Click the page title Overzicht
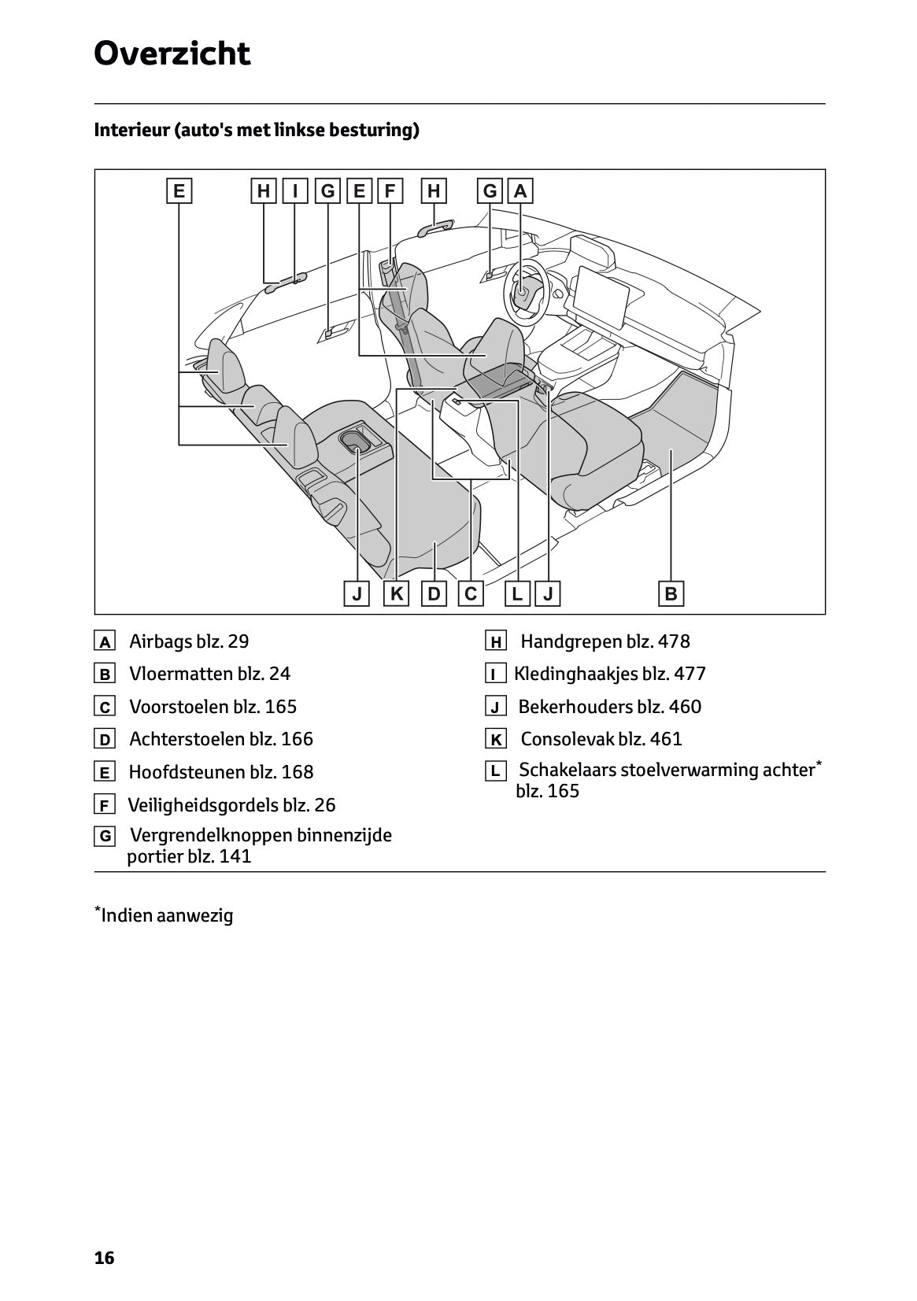172,54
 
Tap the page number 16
104,1258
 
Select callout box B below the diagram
671,593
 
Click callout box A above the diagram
520,191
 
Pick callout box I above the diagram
294,191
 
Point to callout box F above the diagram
390,191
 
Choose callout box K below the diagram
396,593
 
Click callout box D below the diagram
434,593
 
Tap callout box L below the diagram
516,593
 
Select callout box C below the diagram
471,593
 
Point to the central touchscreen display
603,299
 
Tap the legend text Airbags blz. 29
189,641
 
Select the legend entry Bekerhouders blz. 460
609,707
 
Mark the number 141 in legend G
235,856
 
